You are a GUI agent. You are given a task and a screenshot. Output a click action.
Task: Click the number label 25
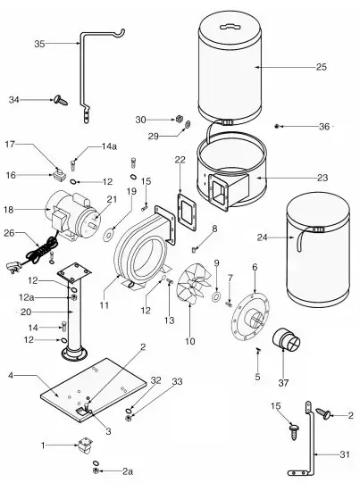coord(322,67)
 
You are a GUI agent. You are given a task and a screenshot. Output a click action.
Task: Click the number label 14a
coord(108,145)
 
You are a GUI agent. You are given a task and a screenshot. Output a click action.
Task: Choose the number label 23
coord(322,178)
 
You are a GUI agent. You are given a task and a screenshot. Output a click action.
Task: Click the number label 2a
coord(128,470)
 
